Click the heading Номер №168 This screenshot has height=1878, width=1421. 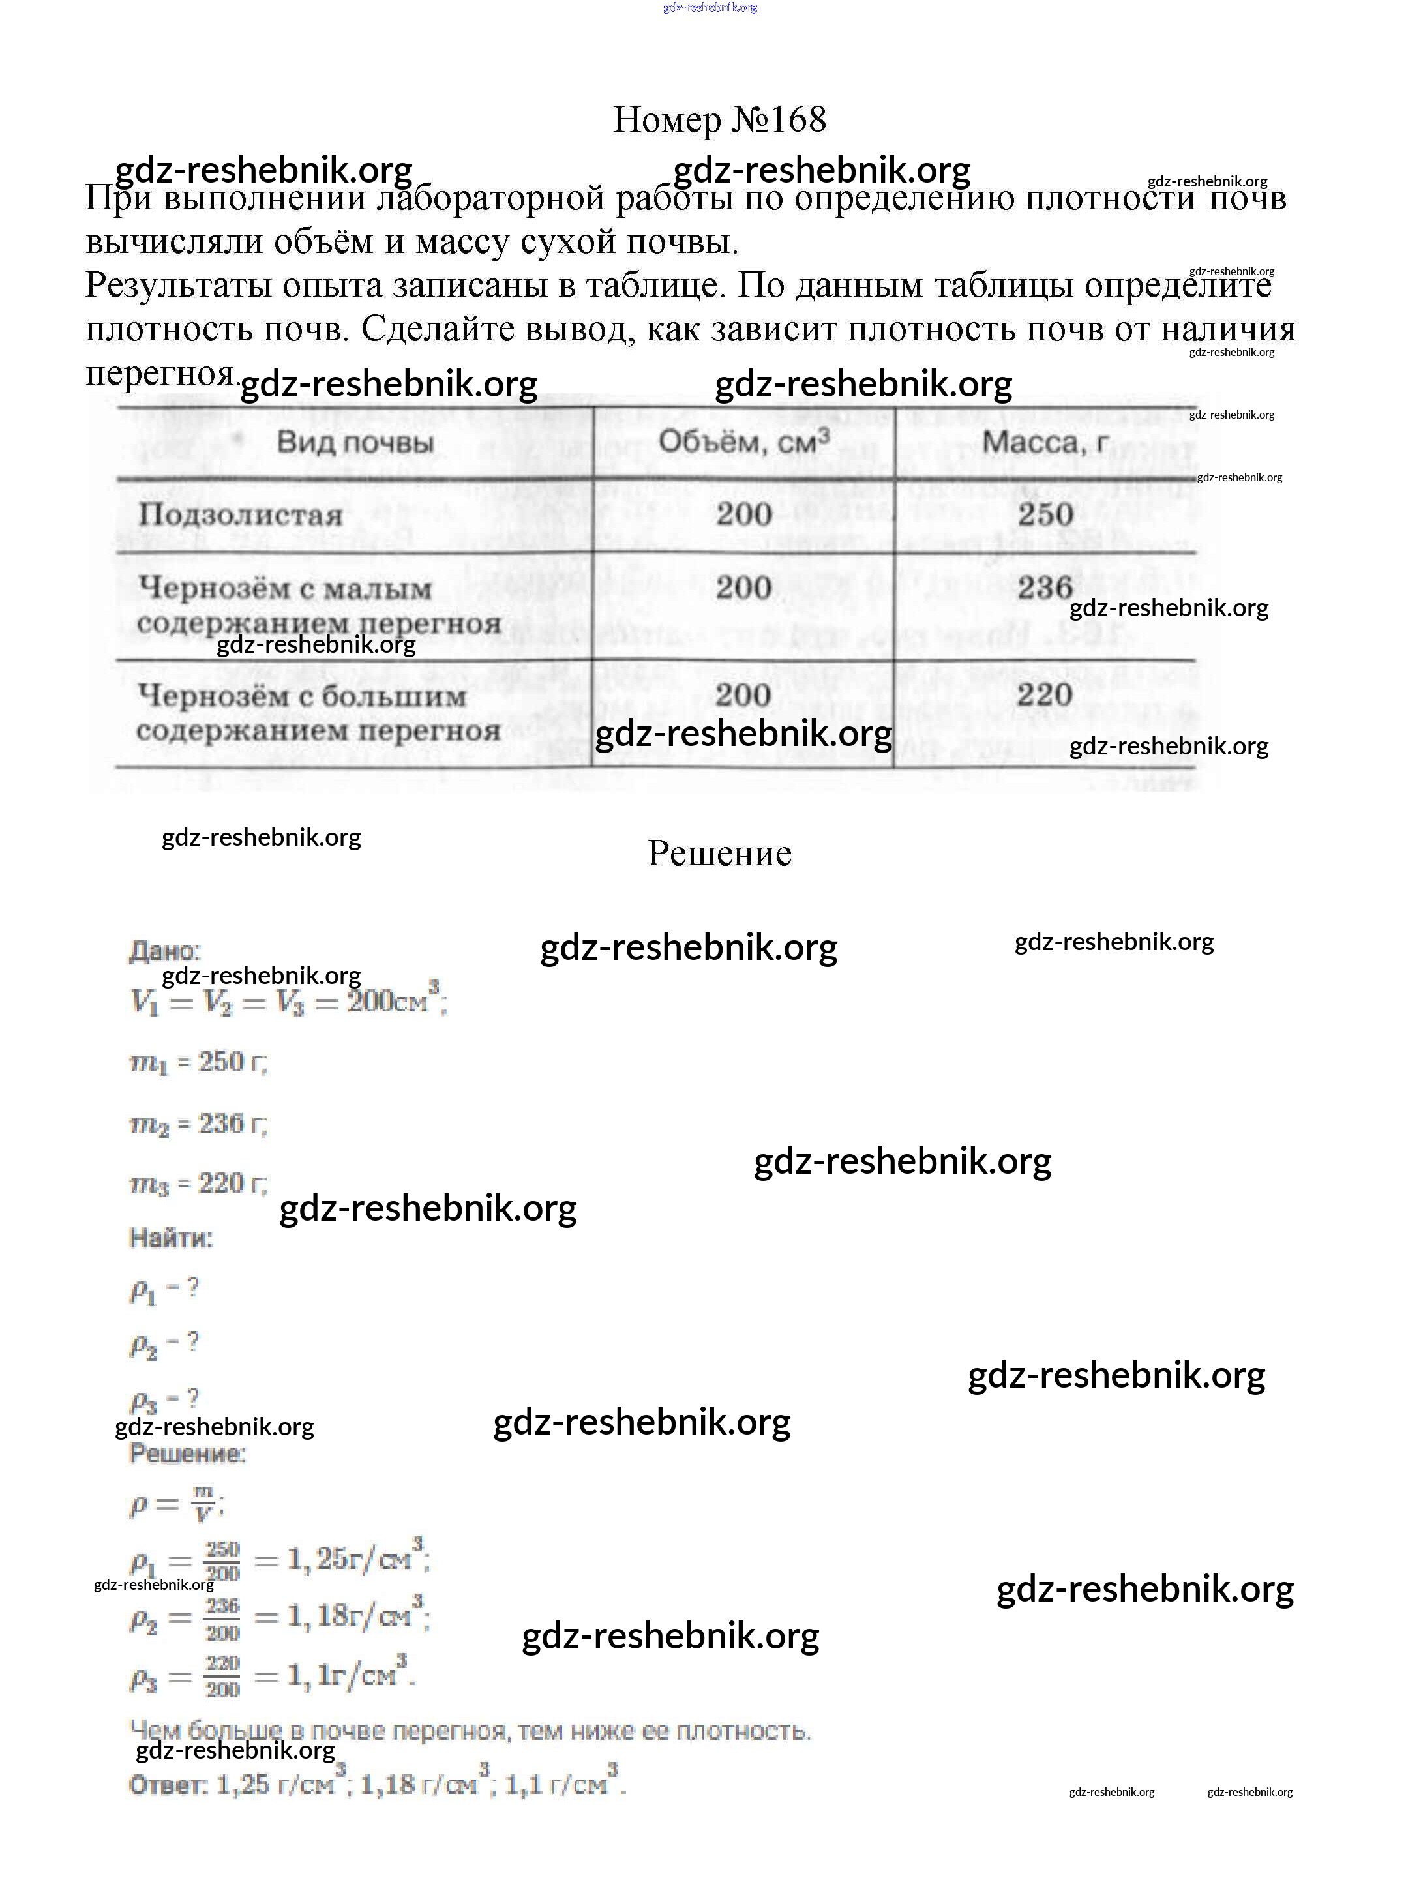click(x=719, y=120)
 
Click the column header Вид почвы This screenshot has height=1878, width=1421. click(x=355, y=442)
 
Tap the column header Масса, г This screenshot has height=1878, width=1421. click(x=1045, y=441)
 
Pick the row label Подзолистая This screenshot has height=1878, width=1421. click(x=240, y=514)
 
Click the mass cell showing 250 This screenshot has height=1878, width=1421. click(x=1045, y=514)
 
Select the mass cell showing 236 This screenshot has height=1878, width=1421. click(x=1045, y=587)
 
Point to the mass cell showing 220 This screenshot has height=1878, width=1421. click(x=1045, y=694)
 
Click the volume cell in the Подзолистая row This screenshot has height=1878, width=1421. click(x=743, y=514)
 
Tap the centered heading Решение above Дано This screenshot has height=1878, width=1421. click(x=719, y=853)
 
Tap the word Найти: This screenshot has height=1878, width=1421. click(x=171, y=1238)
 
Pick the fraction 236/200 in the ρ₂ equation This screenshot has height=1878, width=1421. click(x=222, y=1618)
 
